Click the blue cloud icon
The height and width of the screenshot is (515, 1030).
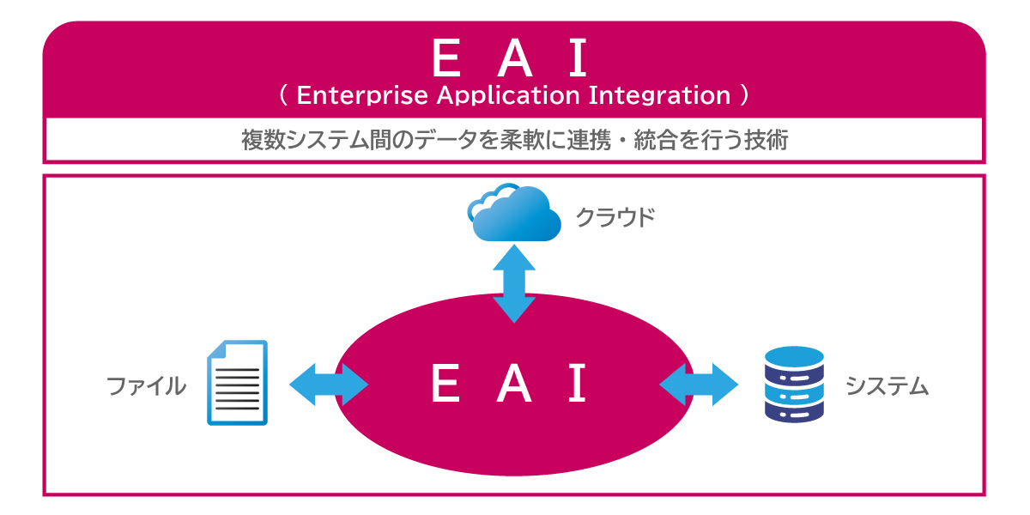click(514, 214)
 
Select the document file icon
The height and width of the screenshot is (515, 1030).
click(237, 383)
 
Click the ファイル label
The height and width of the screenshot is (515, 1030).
click(146, 386)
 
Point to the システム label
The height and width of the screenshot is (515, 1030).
click(887, 386)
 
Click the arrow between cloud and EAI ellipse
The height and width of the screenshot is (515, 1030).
click(514, 282)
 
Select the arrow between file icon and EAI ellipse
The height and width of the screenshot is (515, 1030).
click(329, 384)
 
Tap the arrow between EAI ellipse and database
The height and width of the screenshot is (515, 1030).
click(699, 383)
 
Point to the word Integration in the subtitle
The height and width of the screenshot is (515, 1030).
click(659, 94)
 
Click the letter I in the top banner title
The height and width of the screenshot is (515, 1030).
click(579, 58)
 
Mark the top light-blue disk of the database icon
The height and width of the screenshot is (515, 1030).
click(794, 355)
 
